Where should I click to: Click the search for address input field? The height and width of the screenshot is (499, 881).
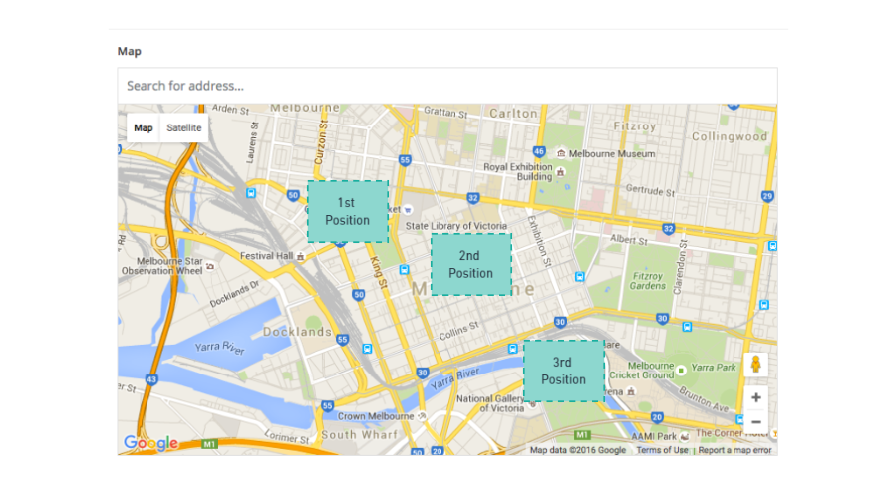point(446,86)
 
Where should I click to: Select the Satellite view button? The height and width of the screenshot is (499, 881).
point(184,128)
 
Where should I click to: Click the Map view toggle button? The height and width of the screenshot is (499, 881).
point(144,128)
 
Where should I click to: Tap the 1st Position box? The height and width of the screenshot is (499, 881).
point(347,212)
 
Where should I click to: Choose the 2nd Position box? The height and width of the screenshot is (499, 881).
point(470,264)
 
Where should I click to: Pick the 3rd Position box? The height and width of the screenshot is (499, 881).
point(563,372)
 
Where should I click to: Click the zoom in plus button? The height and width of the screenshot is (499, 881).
point(756,397)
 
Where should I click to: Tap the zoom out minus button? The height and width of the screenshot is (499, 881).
point(756,421)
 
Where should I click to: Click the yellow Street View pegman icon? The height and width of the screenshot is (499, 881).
point(756,365)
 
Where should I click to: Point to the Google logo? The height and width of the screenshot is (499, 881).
point(150,443)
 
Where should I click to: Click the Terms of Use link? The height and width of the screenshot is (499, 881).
point(662,450)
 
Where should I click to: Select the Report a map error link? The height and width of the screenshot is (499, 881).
point(734,450)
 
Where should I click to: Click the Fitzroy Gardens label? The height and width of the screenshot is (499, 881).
point(648,280)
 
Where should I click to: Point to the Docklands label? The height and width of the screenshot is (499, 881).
point(297,332)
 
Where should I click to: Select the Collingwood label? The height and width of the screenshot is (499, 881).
point(730,136)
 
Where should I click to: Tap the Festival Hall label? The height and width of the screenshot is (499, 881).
point(266,256)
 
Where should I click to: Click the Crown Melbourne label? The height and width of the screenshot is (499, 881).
point(376,416)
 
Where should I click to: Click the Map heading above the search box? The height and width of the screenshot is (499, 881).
point(130,51)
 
